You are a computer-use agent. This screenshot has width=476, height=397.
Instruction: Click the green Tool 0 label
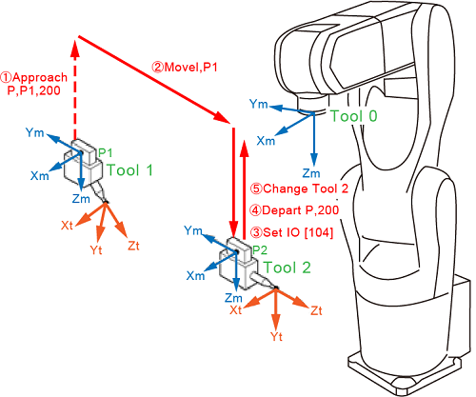[354, 116]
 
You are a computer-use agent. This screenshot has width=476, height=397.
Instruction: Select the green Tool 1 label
[129, 170]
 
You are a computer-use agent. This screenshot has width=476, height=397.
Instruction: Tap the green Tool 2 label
[287, 268]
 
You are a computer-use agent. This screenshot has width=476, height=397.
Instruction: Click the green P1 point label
[106, 153]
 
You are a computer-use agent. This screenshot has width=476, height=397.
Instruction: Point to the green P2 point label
[260, 250]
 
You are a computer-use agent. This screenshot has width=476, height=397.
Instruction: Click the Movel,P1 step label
[185, 68]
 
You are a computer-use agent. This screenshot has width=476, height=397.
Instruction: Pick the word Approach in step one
[40, 78]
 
